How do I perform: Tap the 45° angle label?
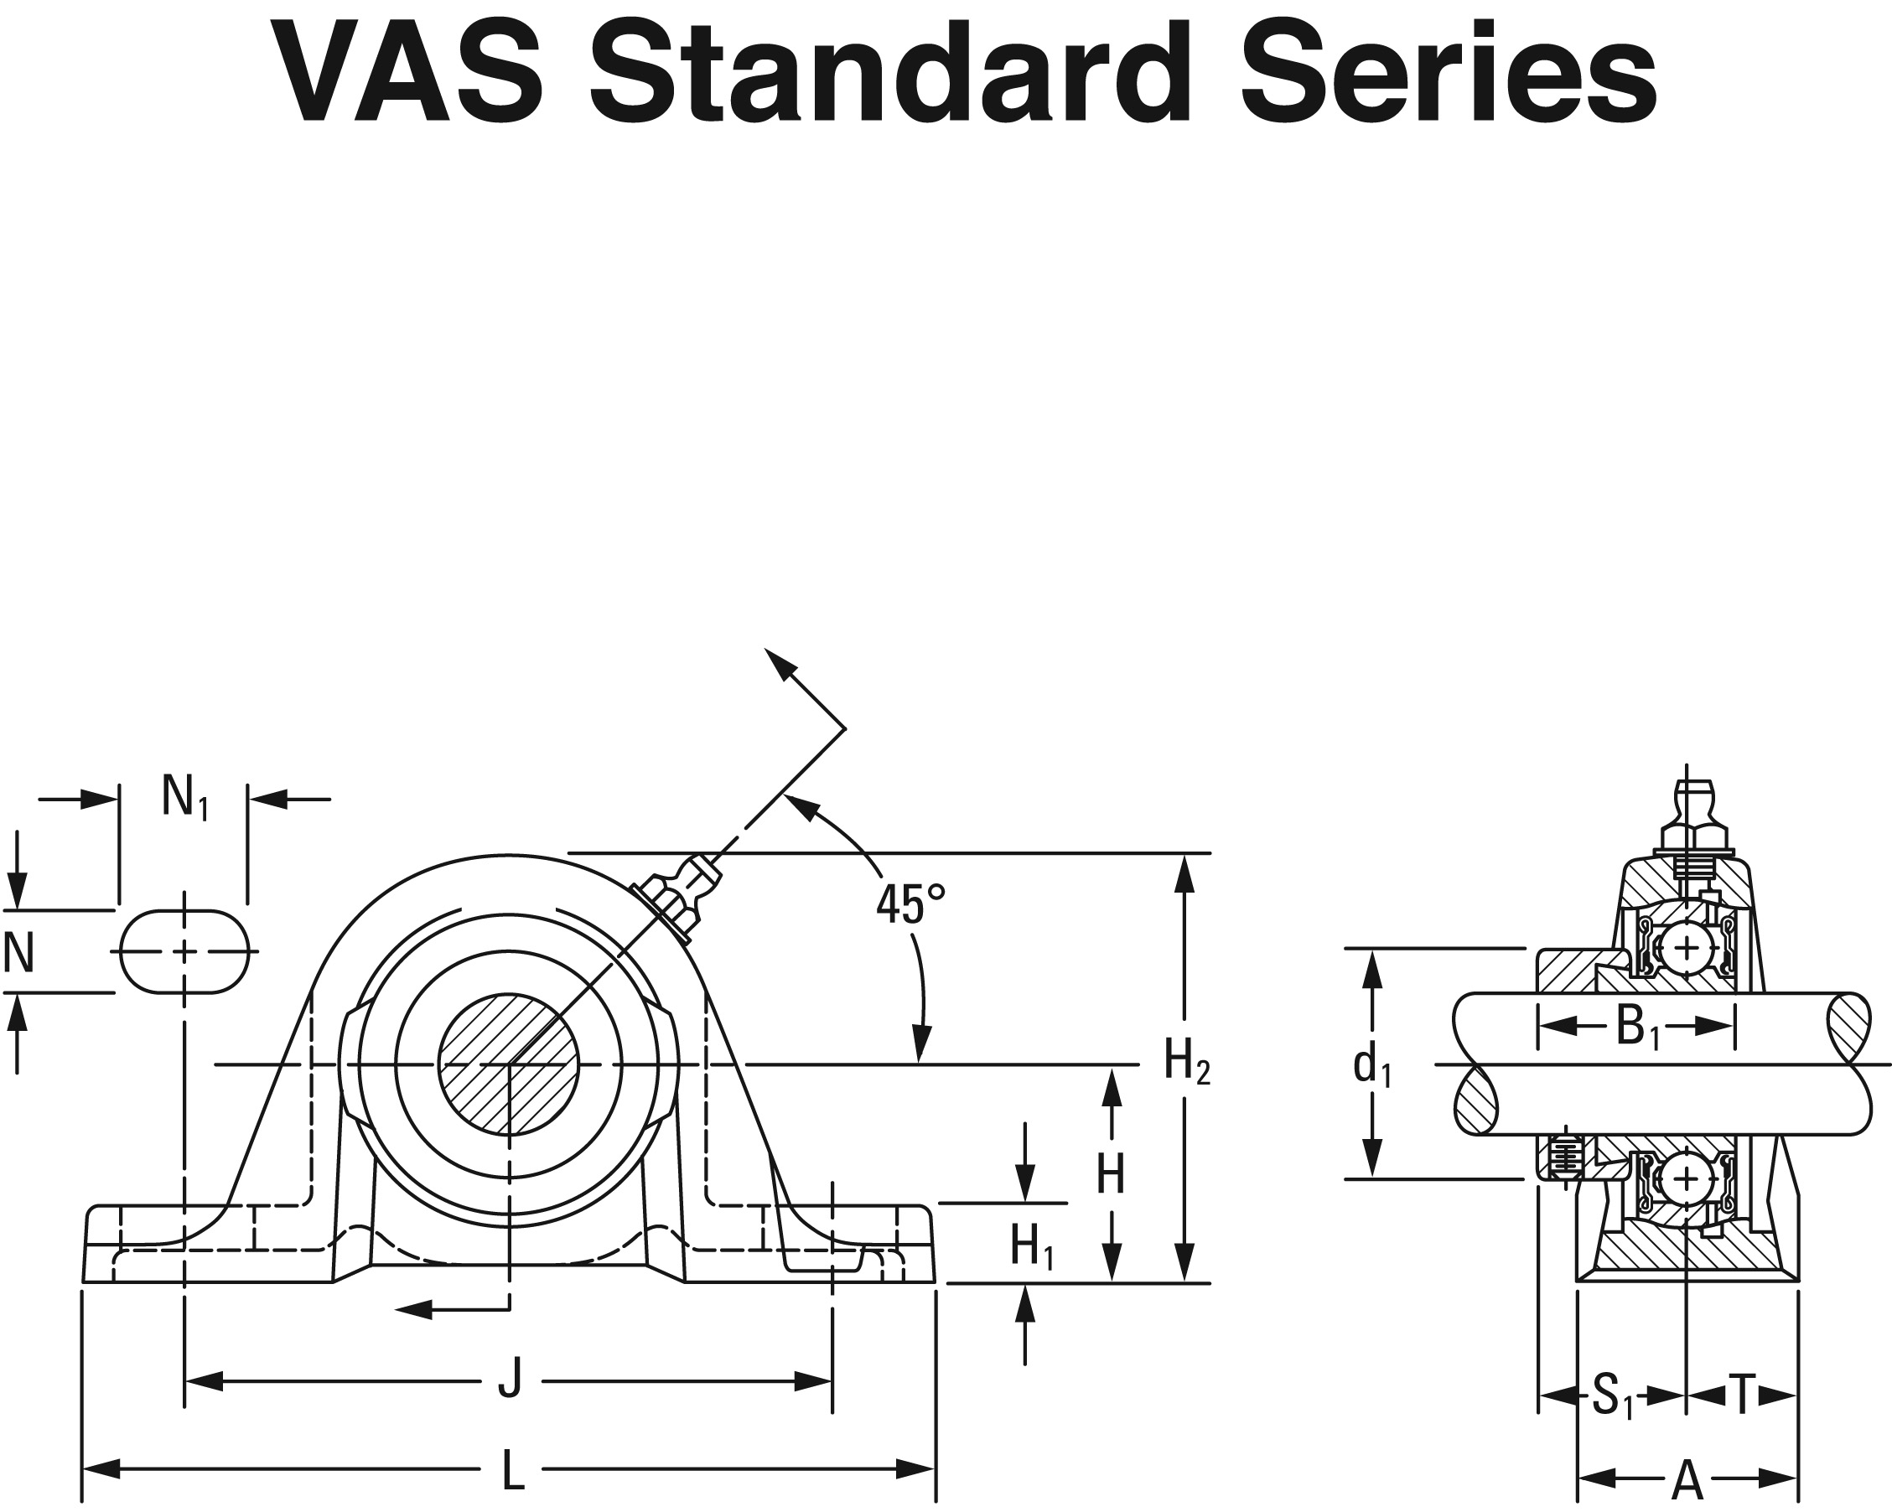[x=911, y=904]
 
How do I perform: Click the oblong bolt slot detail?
[x=184, y=951]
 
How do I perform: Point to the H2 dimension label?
[x=1186, y=1061]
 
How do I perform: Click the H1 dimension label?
[x=1030, y=1247]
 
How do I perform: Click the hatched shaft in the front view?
[x=510, y=1064]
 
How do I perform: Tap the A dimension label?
[x=1687, y=1481]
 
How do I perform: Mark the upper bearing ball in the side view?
[x=1687, y=948]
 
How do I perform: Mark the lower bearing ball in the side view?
[x=1687, y=1179]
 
